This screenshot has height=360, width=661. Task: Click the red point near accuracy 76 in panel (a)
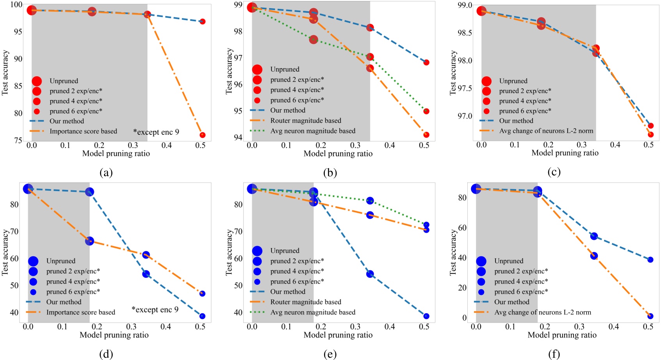tap(202, 135)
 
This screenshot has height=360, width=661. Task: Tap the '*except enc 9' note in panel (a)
tap(156, 132)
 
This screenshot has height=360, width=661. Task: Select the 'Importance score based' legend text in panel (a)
tap(83, 131)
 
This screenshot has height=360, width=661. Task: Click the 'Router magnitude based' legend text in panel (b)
tap(306, 121)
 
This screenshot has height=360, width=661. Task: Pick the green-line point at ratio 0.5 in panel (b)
tap(426, 111)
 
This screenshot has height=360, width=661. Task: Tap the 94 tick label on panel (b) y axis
tap(238, 137)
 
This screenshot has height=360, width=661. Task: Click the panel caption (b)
tap(330, 172)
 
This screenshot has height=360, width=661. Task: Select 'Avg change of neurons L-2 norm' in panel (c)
tap(546, 131)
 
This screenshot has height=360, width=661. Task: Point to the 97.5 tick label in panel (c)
tap(465, 89)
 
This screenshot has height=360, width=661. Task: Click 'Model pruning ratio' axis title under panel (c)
tap(565, 153)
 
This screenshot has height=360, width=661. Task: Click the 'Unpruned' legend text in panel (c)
tap(513, 81)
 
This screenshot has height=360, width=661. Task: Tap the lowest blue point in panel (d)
tap(202, 316)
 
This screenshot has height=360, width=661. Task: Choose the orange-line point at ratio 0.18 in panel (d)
tap(89, 241)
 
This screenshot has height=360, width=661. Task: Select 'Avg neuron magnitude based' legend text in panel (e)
tap(313, 312)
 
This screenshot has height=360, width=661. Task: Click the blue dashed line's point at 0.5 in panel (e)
tap(426, 316)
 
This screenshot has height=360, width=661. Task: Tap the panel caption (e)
tap(330, 354)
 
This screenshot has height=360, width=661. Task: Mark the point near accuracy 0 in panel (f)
tap(650, 316)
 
